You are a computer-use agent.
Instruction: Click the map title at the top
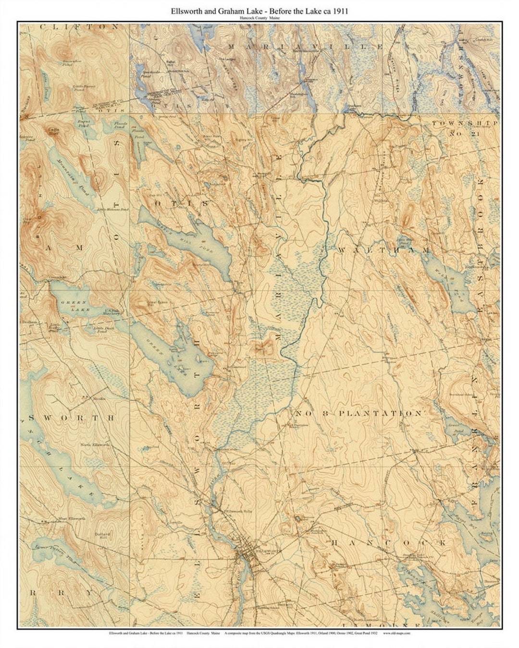point(259,11)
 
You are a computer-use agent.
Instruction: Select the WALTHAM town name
point(383,251)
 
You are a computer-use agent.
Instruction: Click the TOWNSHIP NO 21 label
point(464,128)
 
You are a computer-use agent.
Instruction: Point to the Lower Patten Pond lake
point(53,552)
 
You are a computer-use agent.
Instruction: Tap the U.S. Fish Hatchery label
point(115,312)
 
